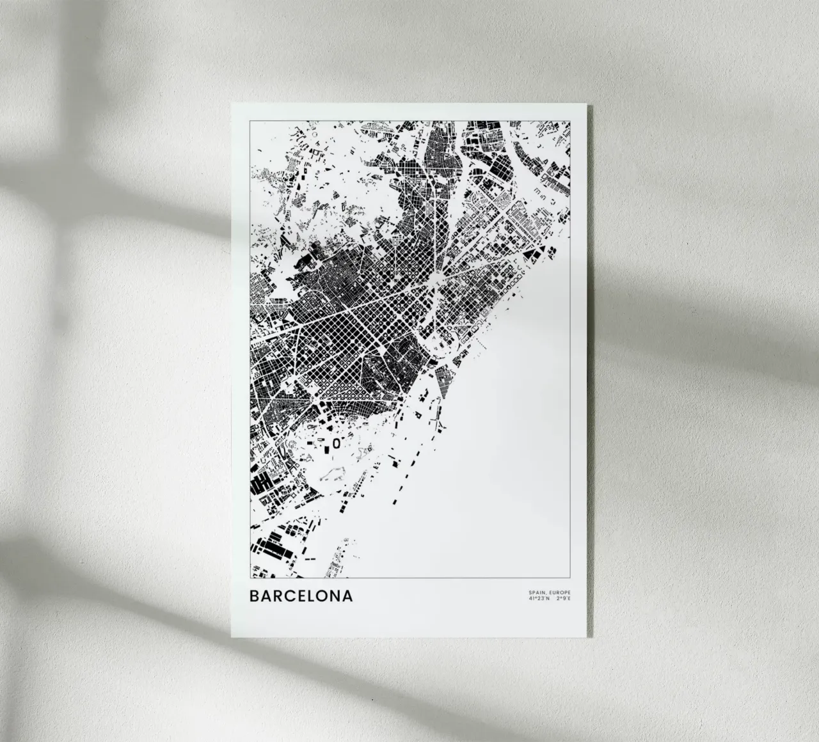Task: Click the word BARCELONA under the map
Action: click(x=300, y=596)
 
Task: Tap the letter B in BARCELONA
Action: click(x=254, y=596)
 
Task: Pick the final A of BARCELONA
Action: click(x=347, y=596)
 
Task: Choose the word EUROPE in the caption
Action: click(x=558, y=594)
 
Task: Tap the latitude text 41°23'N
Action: click(x=539, y=599)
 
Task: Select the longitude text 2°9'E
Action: click(x=563, y=599)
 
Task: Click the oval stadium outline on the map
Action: click(x=336, y=442)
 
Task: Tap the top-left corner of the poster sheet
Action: click(x=232, y=103)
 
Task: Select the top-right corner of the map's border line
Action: click(x=570, y=120)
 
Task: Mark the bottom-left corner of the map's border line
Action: click(x=250, y=578)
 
